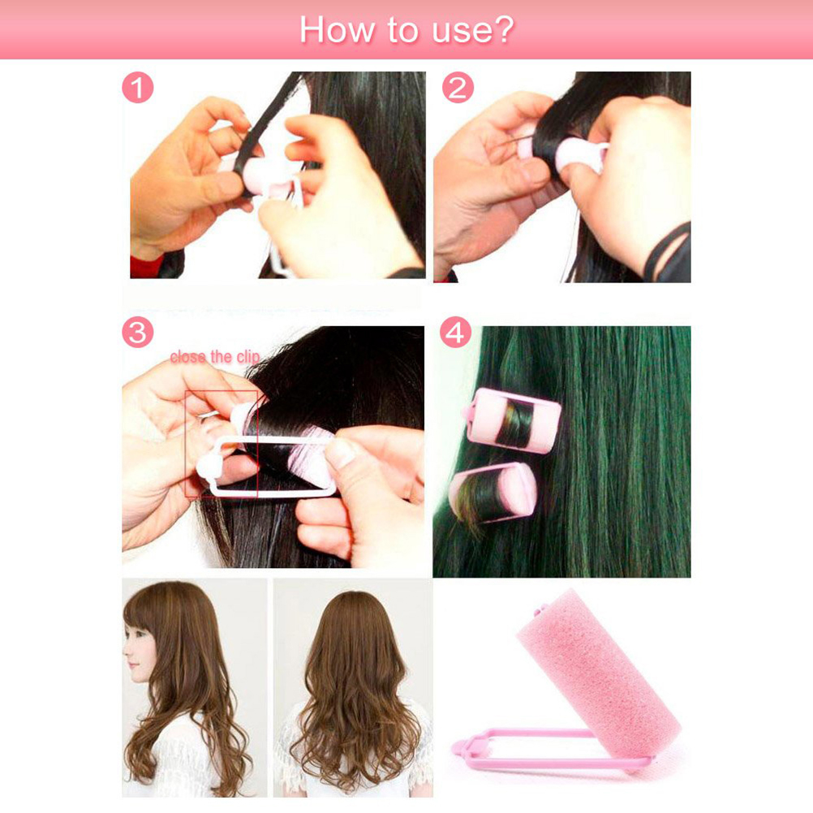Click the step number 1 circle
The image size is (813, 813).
(x=137, y=88)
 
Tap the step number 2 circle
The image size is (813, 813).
(x=458, y=88)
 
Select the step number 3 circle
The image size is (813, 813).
(x=137, y=332)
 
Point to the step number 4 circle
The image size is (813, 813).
(x=455, y=332)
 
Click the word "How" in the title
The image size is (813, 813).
(x=337, y=30)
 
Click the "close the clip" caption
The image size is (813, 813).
(x=215, y=357)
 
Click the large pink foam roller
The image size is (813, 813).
(x=599, y=674)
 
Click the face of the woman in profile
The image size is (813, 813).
(x=140, y=651)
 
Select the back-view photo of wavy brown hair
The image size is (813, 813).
(x=353, y=687)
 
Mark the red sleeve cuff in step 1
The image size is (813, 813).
(x=147, y=265)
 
